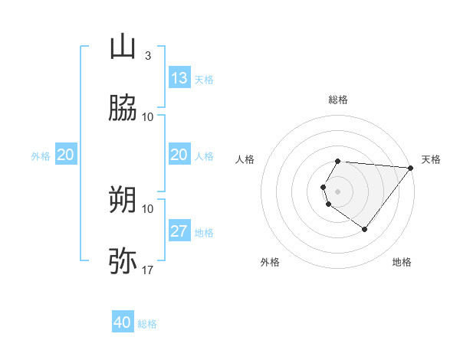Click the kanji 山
click(123, 48)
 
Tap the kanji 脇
click(123, 109)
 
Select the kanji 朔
click(123, 199)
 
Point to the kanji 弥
click(123, 260)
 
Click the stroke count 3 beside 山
click(148, 56)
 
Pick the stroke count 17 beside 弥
click(148, 270)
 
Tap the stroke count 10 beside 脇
click(148, 117)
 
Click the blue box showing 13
click(179, 78)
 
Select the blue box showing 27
click(179, 231)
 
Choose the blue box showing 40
click(123, 322)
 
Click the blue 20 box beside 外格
click(66, 155)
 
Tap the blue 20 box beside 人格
click(179, 155)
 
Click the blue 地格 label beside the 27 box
click(204, 233)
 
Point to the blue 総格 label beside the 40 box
click(147, 324)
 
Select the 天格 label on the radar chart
click(432, 159)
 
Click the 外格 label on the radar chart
click(270, 263)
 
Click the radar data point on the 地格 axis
click(365, 229)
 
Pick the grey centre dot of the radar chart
click(337, 191)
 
